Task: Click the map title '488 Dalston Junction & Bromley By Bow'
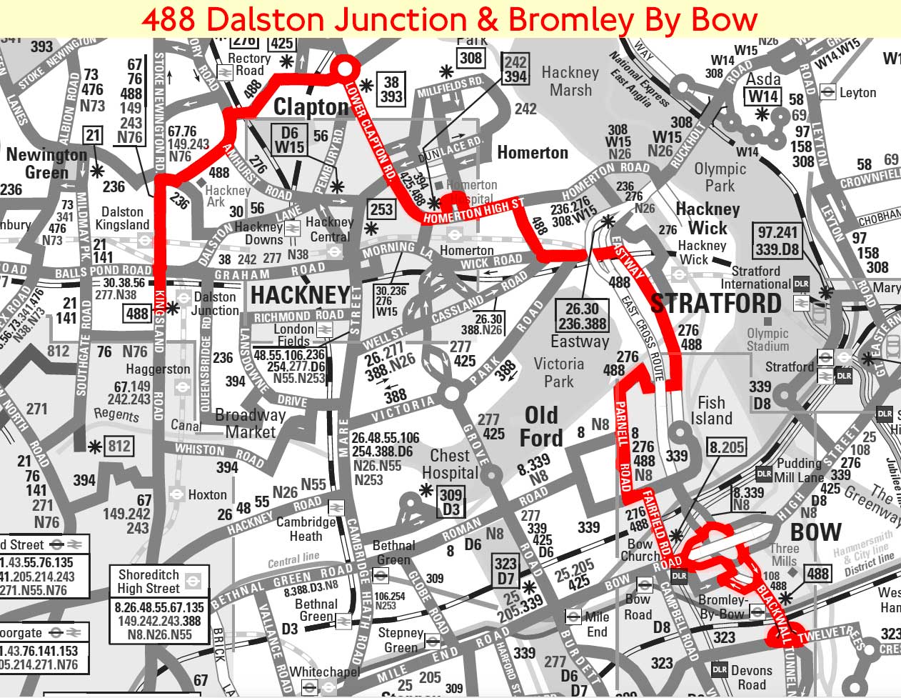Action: pos(450,19)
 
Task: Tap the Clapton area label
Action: pos(312,108)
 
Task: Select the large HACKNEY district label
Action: pos(301,294)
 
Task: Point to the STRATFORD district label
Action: pos(716,303)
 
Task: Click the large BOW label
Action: pos(816,532)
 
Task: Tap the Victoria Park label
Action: pos(558,372)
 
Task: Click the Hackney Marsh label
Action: pos(570,81)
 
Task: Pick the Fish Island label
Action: pos(711,411)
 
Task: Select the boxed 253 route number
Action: pos(381,209)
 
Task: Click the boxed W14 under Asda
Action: pos(763,96)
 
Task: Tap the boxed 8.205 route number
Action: pos(727,448)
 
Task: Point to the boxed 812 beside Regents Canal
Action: pos(119,447)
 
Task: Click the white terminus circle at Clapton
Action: pos(345,69)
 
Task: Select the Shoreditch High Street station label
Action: pos(149,581)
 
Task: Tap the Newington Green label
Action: pos(46,164)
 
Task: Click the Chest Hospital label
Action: pos(450,464)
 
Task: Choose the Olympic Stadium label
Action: pos(767,339)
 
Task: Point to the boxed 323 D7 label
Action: pos(505,571)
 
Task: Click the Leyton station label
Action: pos(857,92)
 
